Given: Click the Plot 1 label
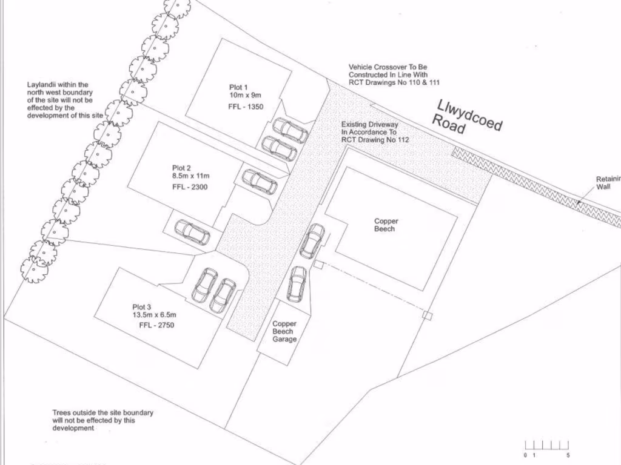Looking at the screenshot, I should point(239,87).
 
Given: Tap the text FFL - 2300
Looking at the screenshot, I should point(190,187).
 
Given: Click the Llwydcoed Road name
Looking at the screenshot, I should point(468,118).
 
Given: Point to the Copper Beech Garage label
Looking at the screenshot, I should point(284,332).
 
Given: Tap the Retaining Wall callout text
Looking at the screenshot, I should point(608,182).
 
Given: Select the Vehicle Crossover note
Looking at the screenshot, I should point(394,74).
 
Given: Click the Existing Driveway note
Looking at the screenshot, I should point(375,132).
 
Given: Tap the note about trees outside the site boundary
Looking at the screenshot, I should point(102,420).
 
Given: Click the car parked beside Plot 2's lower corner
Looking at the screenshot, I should point(192,232).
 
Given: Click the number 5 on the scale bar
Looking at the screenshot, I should point(568,455).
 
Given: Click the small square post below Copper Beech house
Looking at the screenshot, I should point(428,315).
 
